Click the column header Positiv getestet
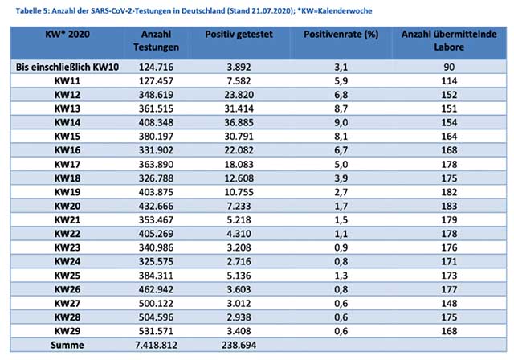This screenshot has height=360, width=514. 239,34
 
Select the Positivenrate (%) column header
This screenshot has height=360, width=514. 341,34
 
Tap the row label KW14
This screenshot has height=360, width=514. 67,123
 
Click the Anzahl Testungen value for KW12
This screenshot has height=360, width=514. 156,95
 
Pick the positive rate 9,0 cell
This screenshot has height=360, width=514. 341,123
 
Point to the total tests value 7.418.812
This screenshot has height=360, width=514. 156,345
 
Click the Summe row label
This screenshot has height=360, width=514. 67,345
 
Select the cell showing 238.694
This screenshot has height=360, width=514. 239,345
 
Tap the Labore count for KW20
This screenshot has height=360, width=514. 449,206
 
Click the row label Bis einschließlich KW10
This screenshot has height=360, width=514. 67,67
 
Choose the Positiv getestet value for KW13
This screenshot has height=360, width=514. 239,108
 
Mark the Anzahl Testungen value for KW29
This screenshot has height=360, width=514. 156,331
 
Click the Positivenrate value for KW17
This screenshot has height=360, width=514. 341,164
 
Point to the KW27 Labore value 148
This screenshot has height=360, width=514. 449,303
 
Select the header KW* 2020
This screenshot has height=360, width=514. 67,34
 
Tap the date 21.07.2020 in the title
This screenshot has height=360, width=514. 271,10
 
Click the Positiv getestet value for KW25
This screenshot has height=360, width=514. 239,276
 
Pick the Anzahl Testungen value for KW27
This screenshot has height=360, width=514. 156,303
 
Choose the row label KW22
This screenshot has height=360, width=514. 67,234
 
